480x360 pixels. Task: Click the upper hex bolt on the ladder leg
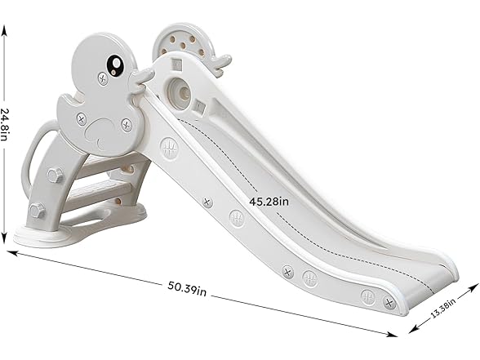pyautogui.click(x=55, y=176)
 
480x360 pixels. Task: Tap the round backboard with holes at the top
pyautogui.click(x=180, y=40)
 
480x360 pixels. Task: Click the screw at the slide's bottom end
pyautogui.click(x=389, y=302)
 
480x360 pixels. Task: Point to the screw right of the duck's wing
pyautogui.click(x=127, y=125)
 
